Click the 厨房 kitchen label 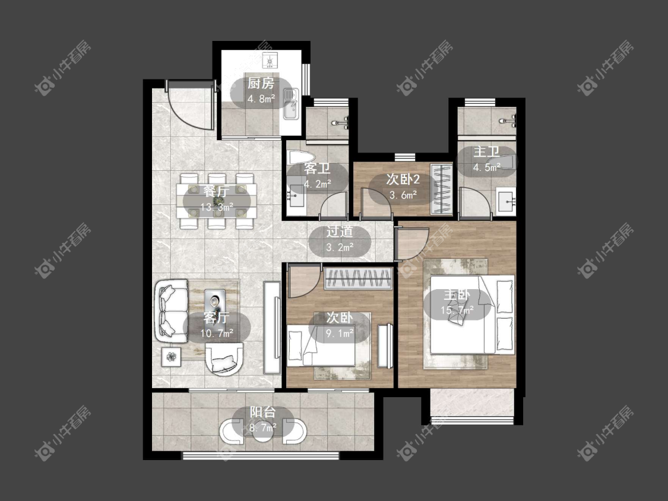point(261,83)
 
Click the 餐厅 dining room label point(216,191)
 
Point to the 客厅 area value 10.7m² point(216,333)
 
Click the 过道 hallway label point(340,232)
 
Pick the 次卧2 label point(403,179)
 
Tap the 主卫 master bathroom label point(486,151)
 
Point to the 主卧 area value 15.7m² point(457,310)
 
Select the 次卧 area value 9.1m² point(340,333)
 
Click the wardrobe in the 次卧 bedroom point(358,278)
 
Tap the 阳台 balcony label point(262,412)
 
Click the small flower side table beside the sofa point(171,357)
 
